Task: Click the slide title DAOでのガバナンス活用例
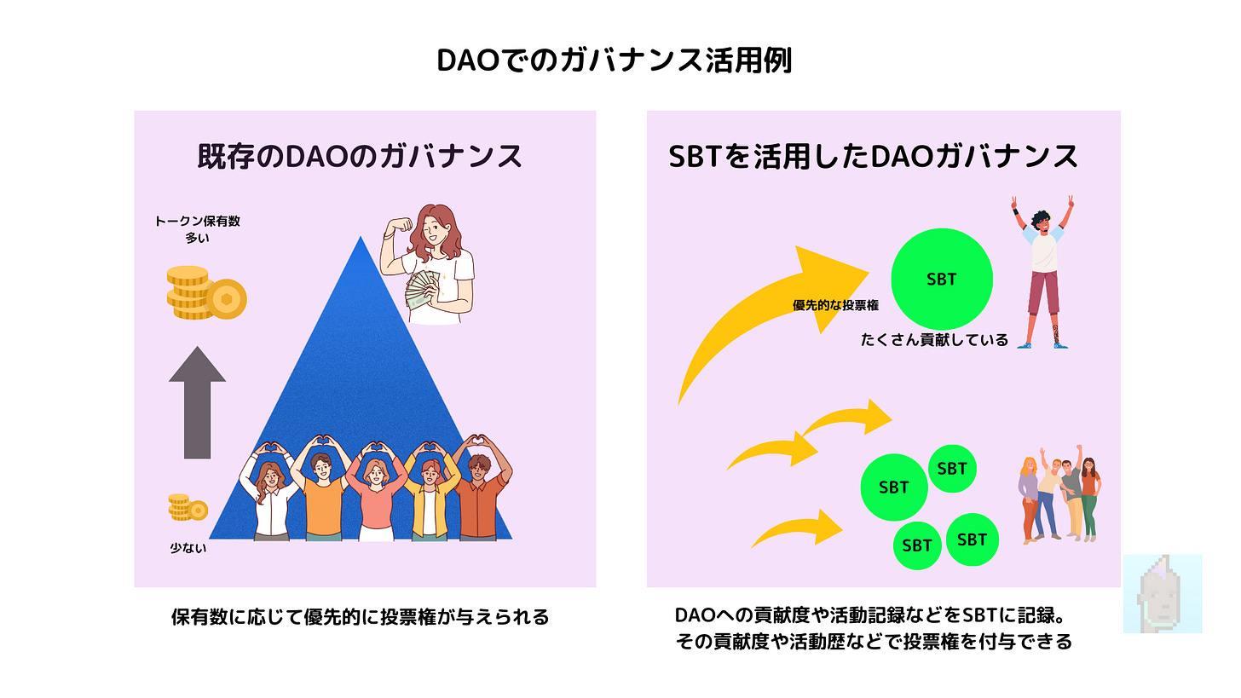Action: pyautogui.click(x=620, y=62)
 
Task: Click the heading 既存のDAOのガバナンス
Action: pyautogui.click(x=359, y=157)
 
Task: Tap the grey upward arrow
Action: pyautogui.click(x=197, y=401)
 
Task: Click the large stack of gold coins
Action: pyautogui.click(x=205, y=293)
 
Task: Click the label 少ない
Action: pyautogui.click(x=188, y=548)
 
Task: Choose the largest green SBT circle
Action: pyautogui.click(x=941, y=280)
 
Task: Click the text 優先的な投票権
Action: pyautogui.click(x=835, y=305)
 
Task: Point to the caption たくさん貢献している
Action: pyautogui.click(x=934, y=340)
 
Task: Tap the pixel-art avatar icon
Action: pyautogui.click(x=1162, y=594)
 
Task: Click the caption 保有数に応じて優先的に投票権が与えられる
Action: pyautogui.click(x=360, y=617)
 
